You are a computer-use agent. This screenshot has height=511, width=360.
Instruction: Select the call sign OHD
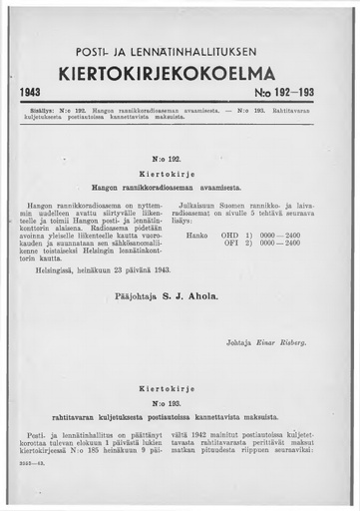[x=232, y=235]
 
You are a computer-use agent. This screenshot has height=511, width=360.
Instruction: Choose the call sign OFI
[x=232, y=243]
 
